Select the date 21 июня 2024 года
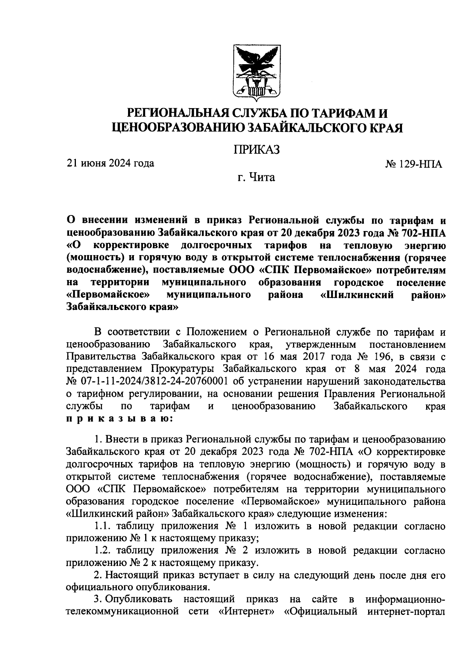[111, 163]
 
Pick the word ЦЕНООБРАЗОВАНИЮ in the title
[178, 128]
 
